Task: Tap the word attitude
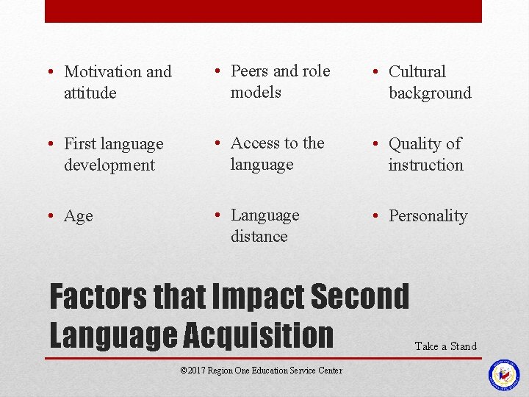point(90,93)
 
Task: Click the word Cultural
point(417,72)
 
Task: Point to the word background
point(430,93)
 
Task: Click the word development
point(109,165)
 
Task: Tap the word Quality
point(416,144)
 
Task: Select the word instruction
point(426,165)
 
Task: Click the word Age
point(79,216)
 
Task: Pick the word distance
point(259,237)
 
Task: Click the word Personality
point(428,216)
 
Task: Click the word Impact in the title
point(257,297)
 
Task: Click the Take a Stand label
point(446,346)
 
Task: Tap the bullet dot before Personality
point(375,215)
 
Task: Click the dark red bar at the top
point(263,11)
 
